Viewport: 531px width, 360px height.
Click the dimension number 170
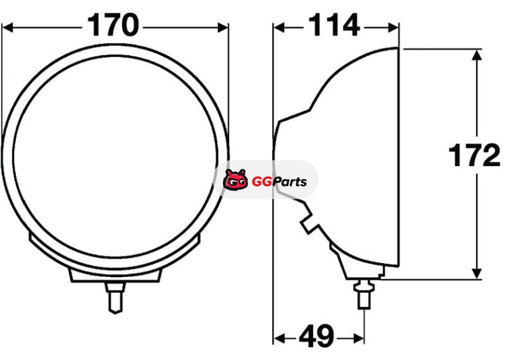point(113,25)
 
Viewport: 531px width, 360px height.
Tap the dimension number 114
point(334,25)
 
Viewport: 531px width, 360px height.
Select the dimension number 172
point(474,155)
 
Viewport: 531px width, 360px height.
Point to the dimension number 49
point(317,337)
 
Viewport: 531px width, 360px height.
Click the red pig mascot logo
point(235,179)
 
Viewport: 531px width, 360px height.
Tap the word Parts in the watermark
point(290,182)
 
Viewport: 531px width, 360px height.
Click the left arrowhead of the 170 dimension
point(7,28)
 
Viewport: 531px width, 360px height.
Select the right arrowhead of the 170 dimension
point(223,28)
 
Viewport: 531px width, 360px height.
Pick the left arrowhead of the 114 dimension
point(279,28)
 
